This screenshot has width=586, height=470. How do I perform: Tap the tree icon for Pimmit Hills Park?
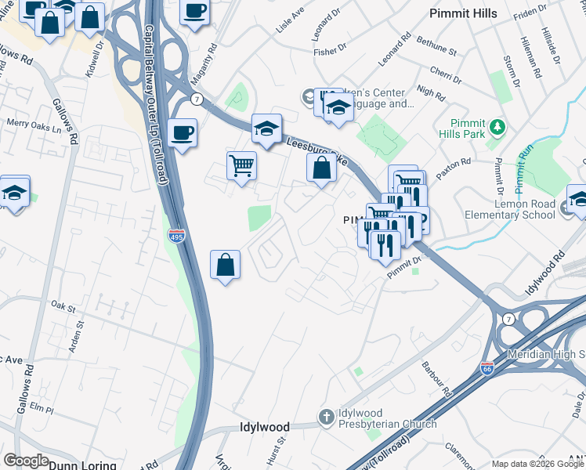point(495,126)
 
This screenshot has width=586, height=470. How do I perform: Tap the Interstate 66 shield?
point(487,374)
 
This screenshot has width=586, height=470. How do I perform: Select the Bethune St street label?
point(437,45)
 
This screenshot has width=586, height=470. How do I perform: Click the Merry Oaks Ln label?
point(34,123)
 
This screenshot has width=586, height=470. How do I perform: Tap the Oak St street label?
point(61,303)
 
